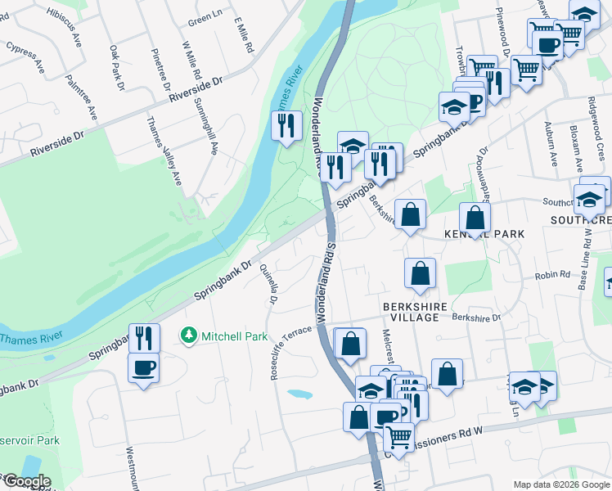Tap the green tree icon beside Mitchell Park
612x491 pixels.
188,336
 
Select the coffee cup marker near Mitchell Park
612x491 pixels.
144,367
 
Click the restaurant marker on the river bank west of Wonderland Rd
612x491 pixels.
286,126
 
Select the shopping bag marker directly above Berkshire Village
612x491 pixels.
420,275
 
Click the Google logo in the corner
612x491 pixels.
26,481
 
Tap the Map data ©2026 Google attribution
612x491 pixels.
560,484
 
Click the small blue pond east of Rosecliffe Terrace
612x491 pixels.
299,394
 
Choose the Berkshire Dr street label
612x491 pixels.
475,317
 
